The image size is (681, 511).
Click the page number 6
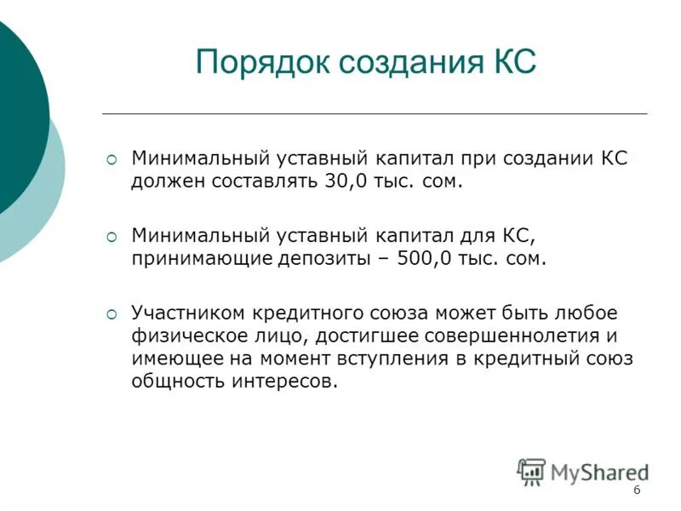coord(638,491)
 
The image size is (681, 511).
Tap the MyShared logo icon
coord(531,472)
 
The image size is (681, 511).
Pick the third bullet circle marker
coord(112,313)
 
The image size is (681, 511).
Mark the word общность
coord(177,382)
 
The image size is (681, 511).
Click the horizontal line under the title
coord(375,113)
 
